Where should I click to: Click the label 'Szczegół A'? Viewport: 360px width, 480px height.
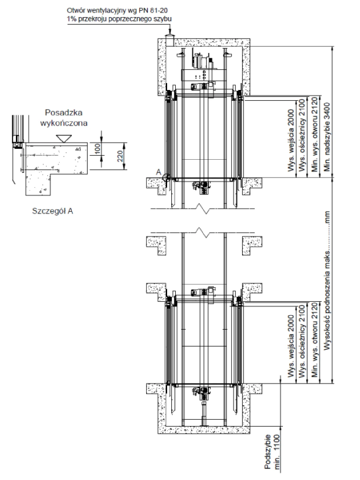point(52,211)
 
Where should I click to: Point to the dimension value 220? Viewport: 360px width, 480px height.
point(120,156)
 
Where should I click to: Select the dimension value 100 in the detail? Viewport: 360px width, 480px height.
point(98,149)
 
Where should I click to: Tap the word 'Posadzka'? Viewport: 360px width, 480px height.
point(64,112)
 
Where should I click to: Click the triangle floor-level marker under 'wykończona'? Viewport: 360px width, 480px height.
point(64,139)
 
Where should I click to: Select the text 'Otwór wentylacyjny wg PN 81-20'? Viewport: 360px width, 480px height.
point(117,10)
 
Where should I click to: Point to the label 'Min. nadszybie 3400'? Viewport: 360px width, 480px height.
point(327,137)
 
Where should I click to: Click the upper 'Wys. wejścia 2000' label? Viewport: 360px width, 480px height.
point(291,140)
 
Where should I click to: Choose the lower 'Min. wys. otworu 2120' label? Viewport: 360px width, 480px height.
point(314,340)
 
